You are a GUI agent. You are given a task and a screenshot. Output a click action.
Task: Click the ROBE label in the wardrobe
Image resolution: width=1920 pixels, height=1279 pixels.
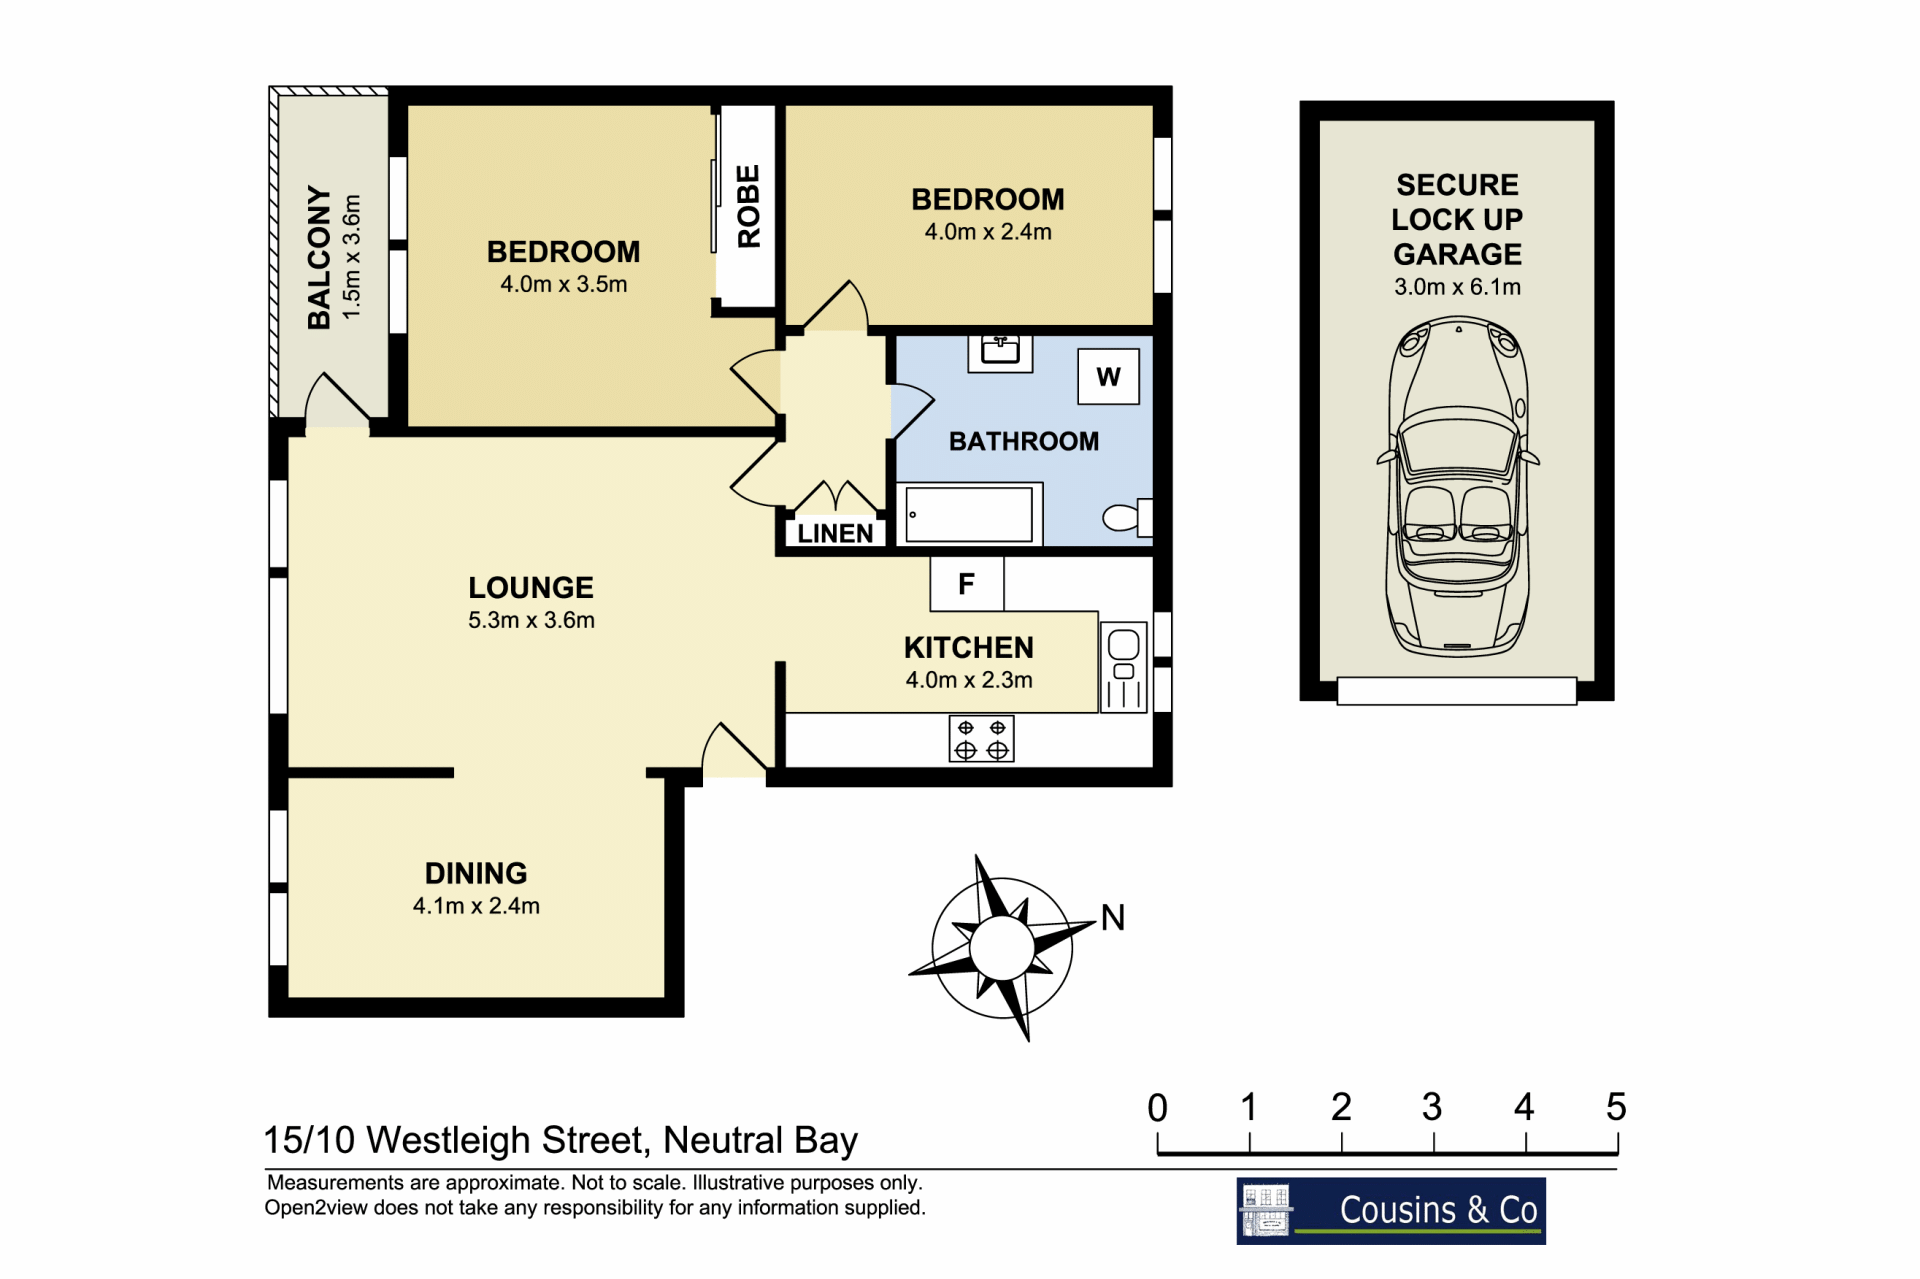748,206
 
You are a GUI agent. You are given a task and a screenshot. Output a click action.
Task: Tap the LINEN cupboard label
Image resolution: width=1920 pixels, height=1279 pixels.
835,534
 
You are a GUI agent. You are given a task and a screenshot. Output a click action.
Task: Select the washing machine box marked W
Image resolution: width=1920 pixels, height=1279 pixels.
1108,376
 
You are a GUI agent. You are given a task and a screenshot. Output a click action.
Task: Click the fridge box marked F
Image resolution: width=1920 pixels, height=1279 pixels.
967,584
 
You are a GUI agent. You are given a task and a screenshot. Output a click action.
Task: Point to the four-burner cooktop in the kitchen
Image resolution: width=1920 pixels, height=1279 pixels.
981,739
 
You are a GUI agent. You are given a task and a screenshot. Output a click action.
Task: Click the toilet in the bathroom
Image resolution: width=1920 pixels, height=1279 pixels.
1128,517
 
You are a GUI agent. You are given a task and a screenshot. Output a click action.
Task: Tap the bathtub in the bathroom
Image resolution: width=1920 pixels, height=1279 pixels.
969,514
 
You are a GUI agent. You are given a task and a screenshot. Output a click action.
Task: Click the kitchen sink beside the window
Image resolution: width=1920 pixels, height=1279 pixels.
1124,667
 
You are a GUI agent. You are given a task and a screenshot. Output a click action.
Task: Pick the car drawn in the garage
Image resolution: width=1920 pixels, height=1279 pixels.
1458,486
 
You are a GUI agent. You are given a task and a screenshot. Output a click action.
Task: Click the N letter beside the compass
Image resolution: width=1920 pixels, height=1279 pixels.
1113,918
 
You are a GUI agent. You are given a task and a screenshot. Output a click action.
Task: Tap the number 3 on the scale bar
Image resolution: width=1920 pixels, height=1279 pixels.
1432,1107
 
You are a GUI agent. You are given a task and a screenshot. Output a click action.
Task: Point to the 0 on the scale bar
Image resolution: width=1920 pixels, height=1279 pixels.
1157,1108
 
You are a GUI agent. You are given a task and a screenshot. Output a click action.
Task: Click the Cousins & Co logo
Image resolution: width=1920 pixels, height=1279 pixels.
1391,1211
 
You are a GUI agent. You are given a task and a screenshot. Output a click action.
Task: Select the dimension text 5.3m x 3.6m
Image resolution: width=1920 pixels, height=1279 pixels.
531,620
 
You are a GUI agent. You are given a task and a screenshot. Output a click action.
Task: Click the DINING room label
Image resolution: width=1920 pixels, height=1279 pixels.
476,873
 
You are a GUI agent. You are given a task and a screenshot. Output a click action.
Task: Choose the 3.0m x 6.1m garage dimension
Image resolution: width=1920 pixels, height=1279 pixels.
1457,287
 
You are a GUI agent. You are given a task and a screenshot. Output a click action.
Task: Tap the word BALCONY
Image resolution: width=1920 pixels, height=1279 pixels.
319,257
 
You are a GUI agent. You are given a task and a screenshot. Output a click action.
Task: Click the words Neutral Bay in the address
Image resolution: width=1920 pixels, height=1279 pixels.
760,1140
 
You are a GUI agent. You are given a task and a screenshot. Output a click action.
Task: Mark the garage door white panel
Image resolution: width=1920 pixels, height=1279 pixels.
1457,691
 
